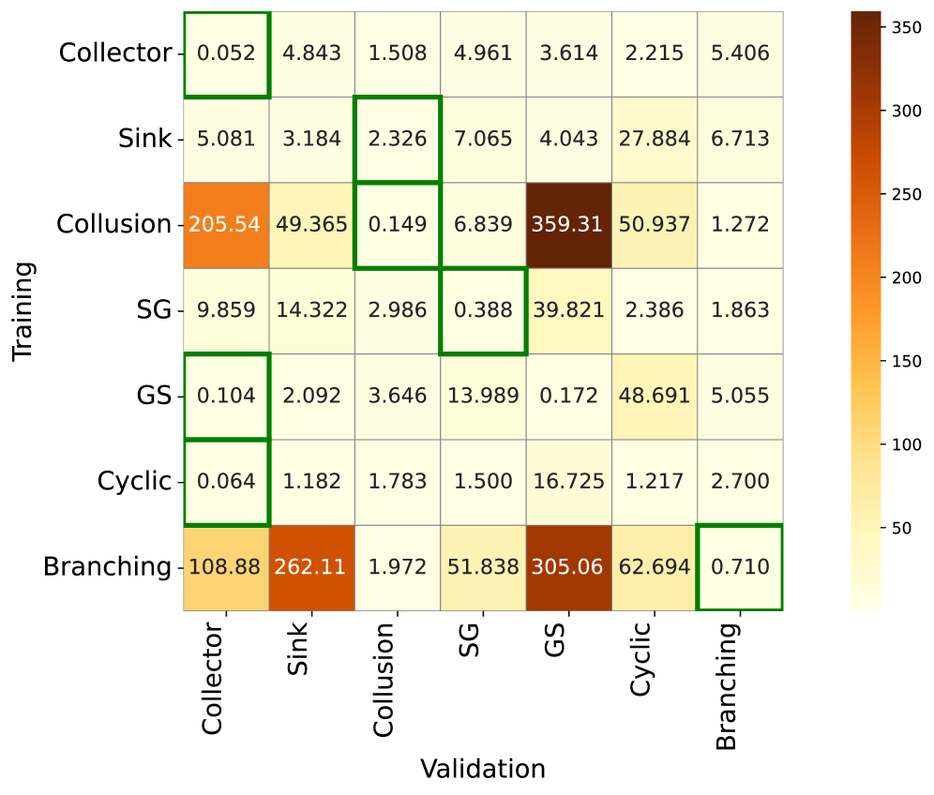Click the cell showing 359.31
tap(568, 225)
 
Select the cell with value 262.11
tap(311, 567)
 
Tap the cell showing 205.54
tap(226, 225)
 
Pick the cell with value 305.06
tap(568, 567)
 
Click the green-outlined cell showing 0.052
tap(226, 53)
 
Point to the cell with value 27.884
tap(654, 140)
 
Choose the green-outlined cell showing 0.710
tap(740, 567)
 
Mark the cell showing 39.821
tap(568, 311)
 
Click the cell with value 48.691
tap(654, 397)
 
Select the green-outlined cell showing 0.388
tap(483, 311)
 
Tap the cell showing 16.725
tap(568, 482)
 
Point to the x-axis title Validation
tap(483, 769)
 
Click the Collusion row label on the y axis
tap(113, 225)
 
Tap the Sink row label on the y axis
tap(145, 140)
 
